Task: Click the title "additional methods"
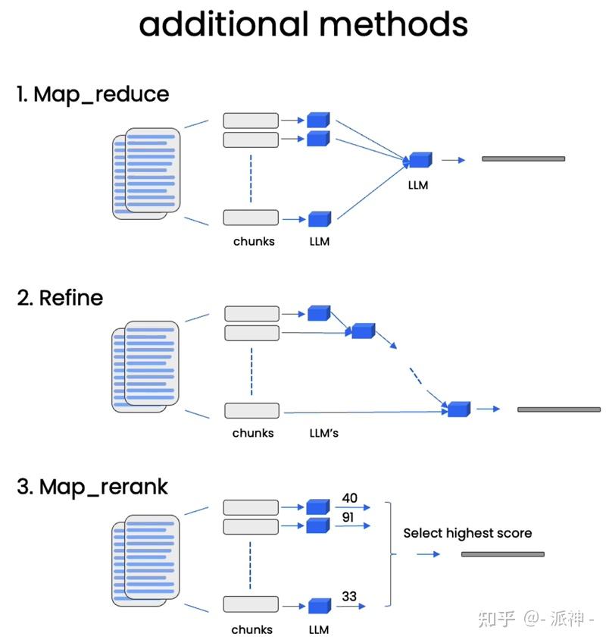[x=303, y=24]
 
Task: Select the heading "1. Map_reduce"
[x=93, y=95]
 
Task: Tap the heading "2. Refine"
[x=60, y=298]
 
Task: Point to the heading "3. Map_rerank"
[x=92, y=488]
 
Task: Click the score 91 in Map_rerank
[x=348, y=517]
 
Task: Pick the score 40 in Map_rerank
[x=350, y=498]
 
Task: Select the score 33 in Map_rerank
[x=349, y=596]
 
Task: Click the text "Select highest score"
[x=467, y=533]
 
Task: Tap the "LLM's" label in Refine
[x=324, y=433]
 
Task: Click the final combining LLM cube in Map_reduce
[x=420, y=160]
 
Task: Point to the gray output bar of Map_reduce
[x=523, y=158]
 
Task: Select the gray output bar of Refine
[x=559, y=409]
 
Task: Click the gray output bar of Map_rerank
[x=503, y=554]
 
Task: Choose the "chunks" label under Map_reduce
[x=254, y=242]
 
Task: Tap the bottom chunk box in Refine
[x=252, y=410]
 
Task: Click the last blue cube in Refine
[x=459, y=409]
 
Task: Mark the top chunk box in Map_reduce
[x=251, y=121]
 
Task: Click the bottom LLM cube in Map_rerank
[x=320, y=606]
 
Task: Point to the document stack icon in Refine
[x=145, y=366]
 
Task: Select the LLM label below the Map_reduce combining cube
[x=418, y=185]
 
